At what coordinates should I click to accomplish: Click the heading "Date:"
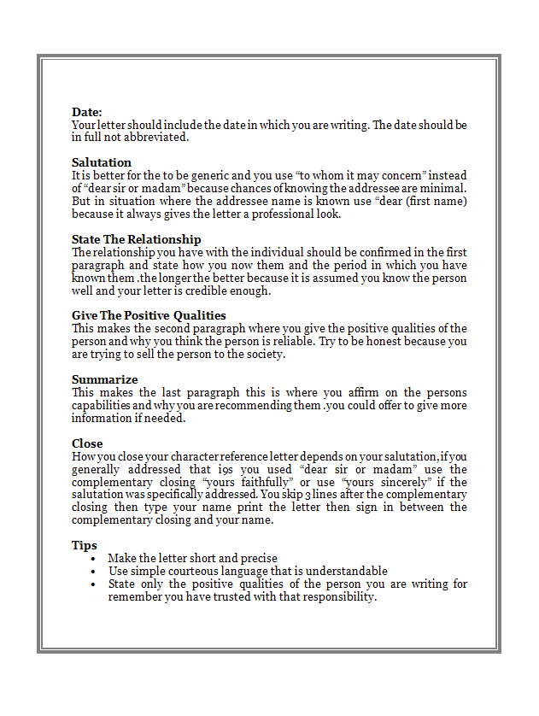click(87, 112)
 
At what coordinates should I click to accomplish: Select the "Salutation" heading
click(102, 162)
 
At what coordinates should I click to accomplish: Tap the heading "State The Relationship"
click(137, 239)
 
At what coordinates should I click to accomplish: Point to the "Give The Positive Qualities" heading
click(149, 315)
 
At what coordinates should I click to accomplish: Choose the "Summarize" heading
click(104, 379)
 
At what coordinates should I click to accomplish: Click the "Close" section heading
click(87, 443)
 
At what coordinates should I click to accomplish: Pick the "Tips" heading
click(85, 545)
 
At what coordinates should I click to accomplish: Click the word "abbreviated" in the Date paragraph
click(158, 138)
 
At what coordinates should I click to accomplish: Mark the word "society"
click(262, 355)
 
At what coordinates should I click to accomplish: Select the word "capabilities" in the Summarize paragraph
click(100, 405)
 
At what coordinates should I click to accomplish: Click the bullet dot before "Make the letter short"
click(92, 559)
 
